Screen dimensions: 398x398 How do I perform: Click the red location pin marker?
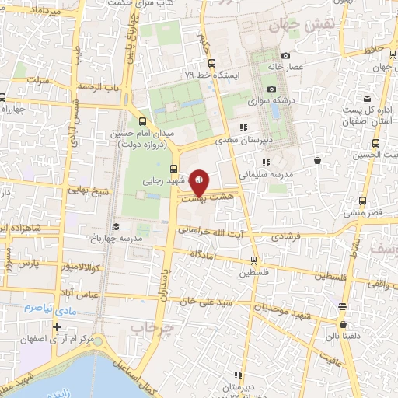(x=200, y=183)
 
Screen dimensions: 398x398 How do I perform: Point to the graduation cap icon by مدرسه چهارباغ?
(x=116, y=226)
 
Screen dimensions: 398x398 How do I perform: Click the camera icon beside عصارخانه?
(x=285, y=55)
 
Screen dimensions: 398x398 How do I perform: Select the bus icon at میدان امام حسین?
(x=141, y=120)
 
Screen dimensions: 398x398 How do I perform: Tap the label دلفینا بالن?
(x=343, y=337)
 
